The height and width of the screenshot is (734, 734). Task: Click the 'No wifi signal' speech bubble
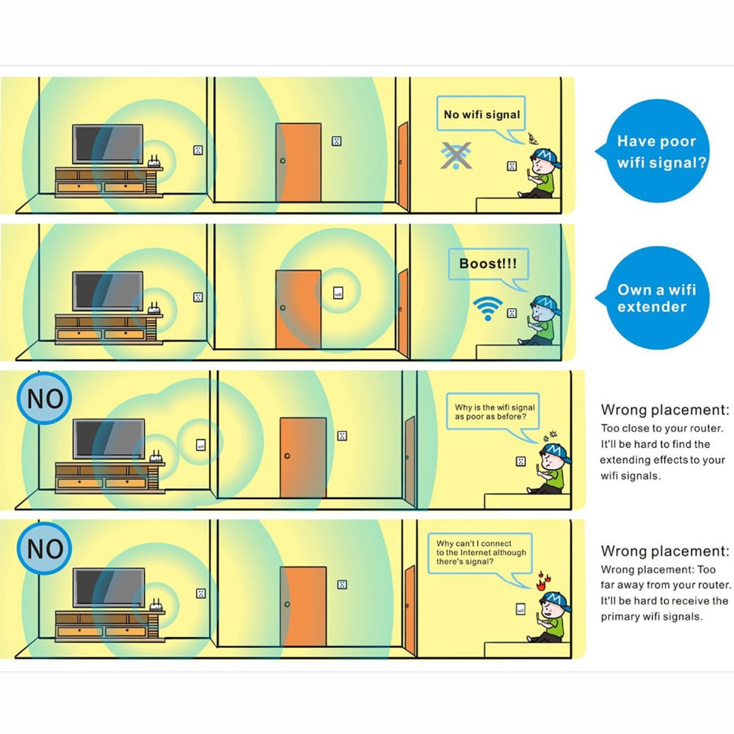[481, 115]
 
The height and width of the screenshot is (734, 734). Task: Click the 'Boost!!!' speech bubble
[487, 263]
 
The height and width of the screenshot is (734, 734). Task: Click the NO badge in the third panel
[45, 399]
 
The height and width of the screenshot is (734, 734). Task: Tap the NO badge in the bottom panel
[45, 548]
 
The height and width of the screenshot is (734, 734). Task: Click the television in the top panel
[107, 145]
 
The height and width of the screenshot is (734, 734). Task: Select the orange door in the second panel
[298, 308]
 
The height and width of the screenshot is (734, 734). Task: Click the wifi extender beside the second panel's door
[338, 293]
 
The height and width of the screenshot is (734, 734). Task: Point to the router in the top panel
[153, 163]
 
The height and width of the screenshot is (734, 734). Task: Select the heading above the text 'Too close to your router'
[665, 410]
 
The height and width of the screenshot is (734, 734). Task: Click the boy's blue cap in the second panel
[545, 303]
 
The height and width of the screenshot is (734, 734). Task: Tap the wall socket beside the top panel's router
[197, 150]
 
